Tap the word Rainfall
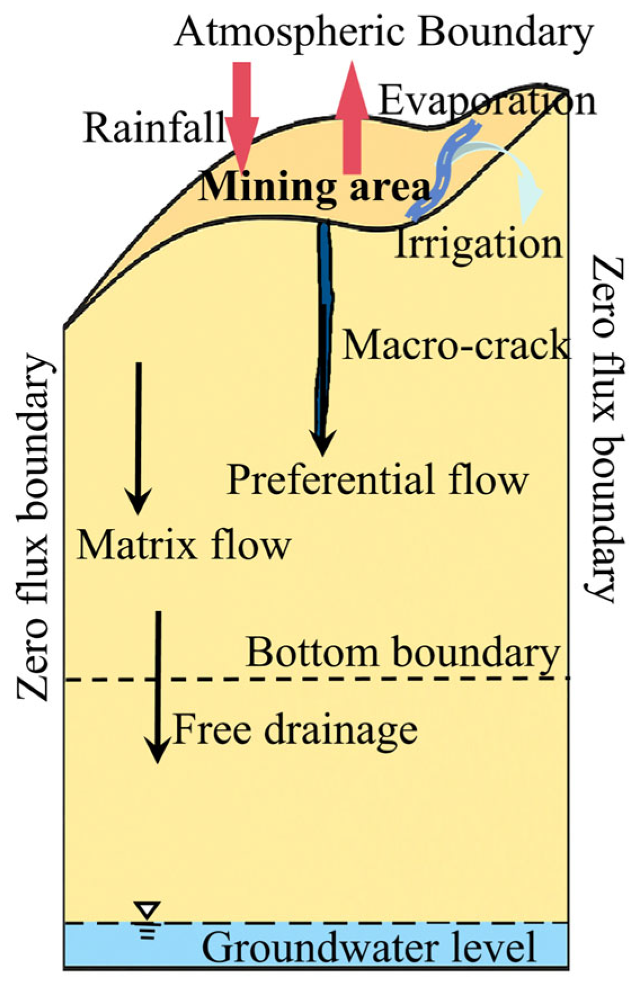[154, 128]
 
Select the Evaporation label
[488, 102]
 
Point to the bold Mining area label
[313, 188]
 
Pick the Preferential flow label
[377, 479]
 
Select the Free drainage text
[295, 730]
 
